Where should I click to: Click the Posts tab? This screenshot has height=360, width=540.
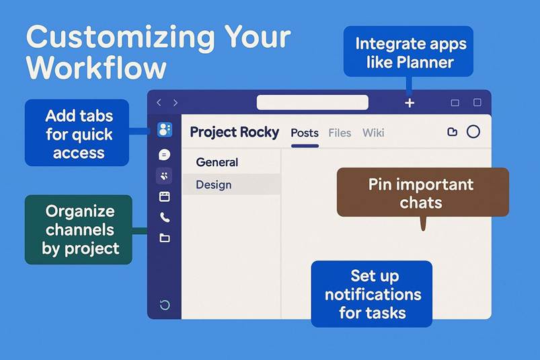(305, 133)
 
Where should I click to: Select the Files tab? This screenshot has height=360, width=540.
(340, 133)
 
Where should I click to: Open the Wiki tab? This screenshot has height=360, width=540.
(373, 133)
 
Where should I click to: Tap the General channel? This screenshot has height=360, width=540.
(217, 162)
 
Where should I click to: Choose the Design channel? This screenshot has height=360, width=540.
(214, 184)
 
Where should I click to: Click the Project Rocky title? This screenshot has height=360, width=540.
(234, 133)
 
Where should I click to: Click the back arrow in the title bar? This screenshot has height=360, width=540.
(159, 103)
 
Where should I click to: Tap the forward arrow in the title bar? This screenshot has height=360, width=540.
(176, 103)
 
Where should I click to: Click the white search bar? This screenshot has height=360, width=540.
(312, 102)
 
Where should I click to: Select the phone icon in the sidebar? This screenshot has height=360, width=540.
(165, 217)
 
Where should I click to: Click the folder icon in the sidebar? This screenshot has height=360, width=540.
(165, 238)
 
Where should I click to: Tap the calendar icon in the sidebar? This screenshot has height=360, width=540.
(165, 196)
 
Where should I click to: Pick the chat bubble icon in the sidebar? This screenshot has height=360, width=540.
(165, 155)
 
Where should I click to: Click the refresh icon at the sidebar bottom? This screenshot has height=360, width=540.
(165, 305)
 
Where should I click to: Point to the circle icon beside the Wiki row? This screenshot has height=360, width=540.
(473, 132)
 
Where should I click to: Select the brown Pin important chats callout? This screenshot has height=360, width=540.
(422, 192)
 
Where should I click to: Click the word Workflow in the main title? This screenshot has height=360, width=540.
(96, 68)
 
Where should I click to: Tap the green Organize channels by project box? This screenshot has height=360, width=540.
(79, 229)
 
